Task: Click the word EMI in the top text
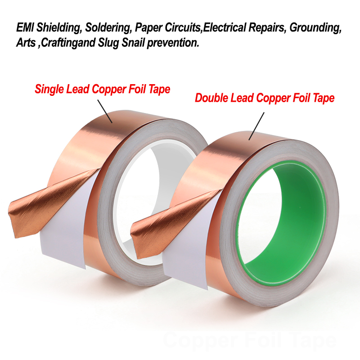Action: [x=25, y=27]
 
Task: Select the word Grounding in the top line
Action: [x=315, y=28]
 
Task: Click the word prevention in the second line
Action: [x=173, y=43]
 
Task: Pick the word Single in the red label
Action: [x=49, y=89]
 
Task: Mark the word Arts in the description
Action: [x=26, y=43]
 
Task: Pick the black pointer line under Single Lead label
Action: [x=105, y=111]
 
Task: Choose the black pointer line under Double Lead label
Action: [x=256, y=126]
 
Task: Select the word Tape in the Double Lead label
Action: [x=324, y=99]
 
